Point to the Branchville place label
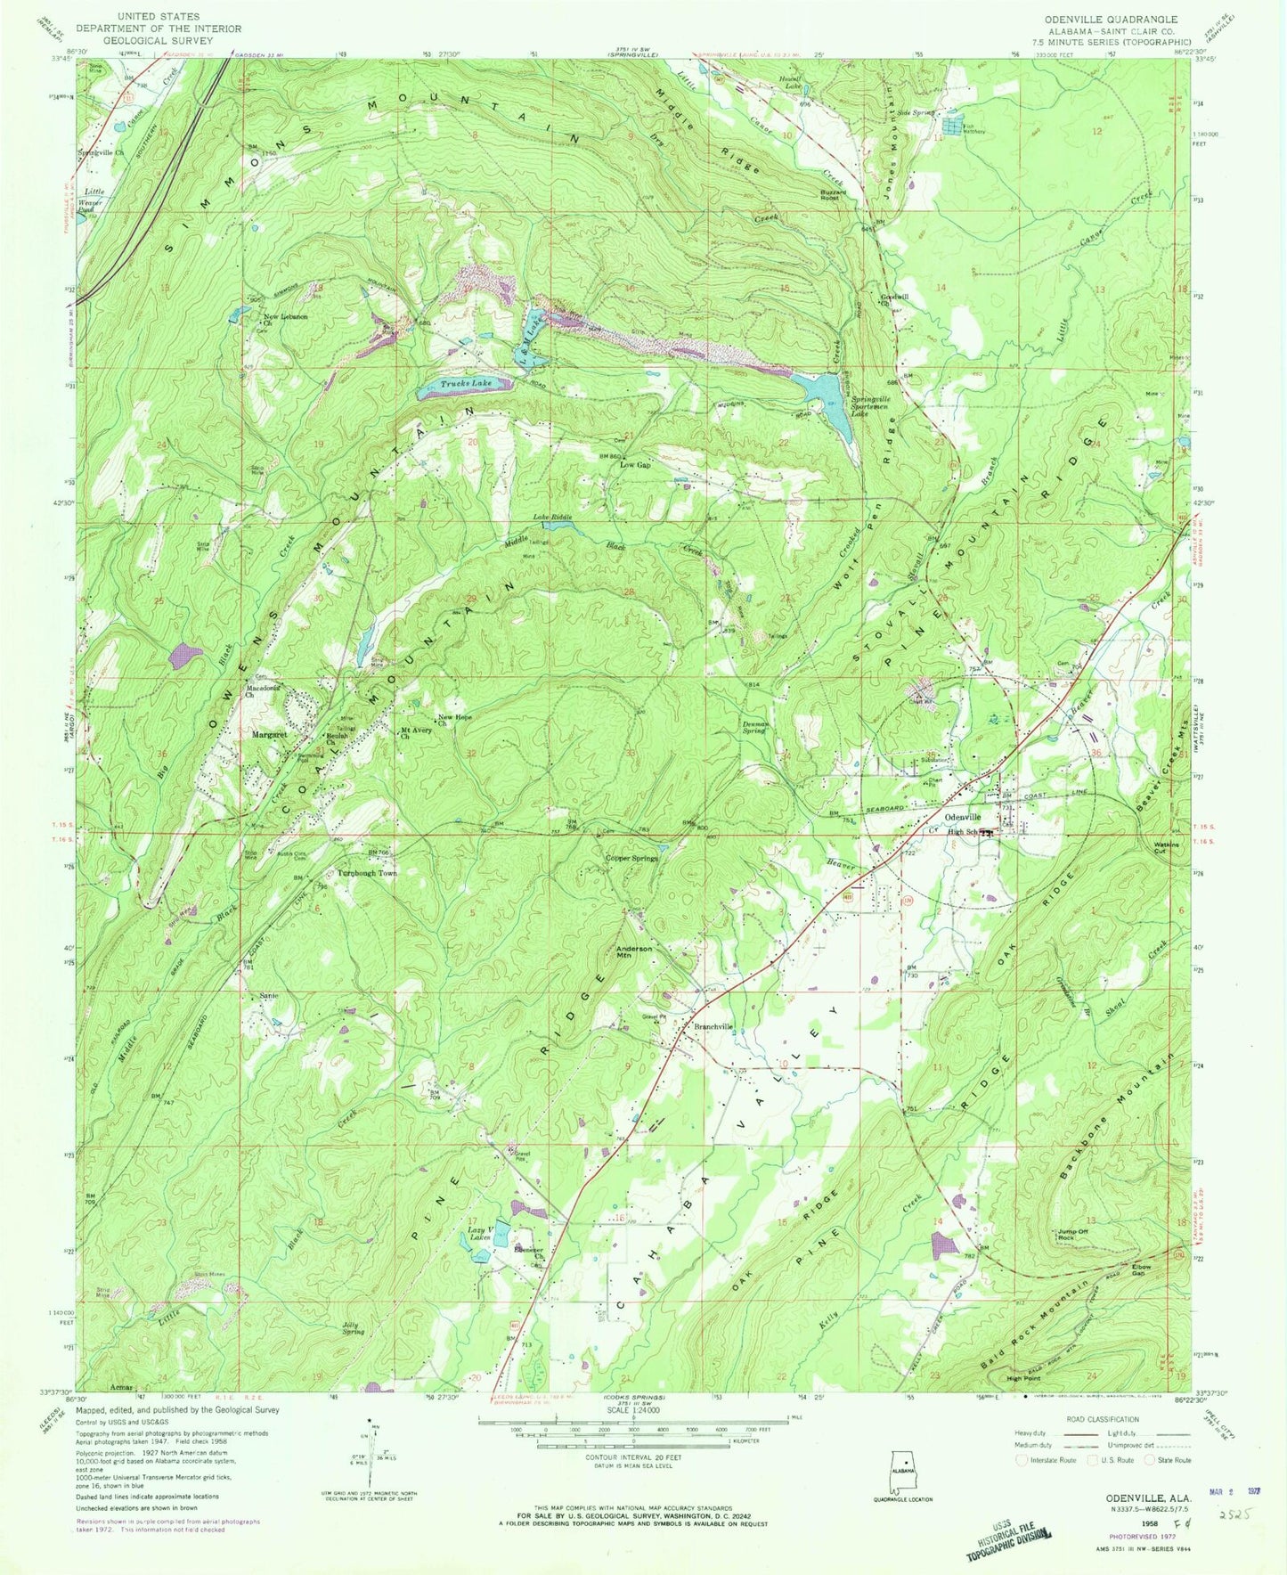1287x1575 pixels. click(714, 1026)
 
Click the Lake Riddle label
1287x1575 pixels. click(552, 518)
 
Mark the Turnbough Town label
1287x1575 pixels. click(366, 873)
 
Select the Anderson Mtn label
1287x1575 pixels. click(635, 952)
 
